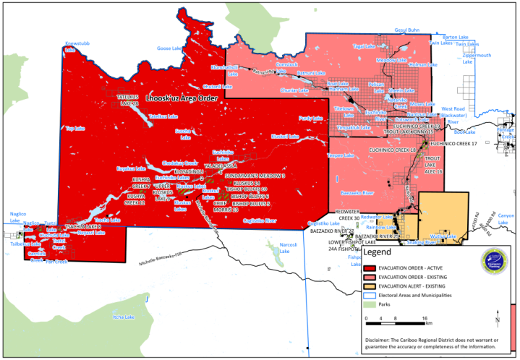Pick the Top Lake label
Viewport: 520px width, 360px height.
[74, 129]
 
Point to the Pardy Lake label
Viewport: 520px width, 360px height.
[310, 117]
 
